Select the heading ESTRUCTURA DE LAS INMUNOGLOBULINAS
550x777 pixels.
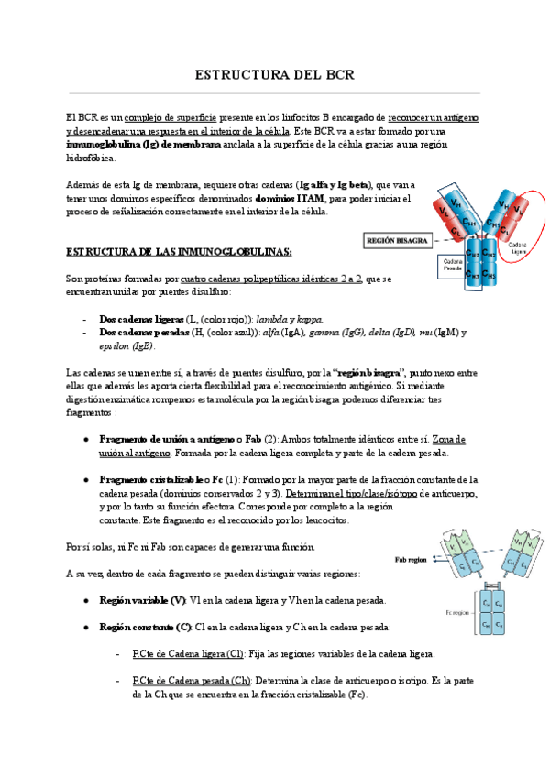[x=180, y=251]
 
